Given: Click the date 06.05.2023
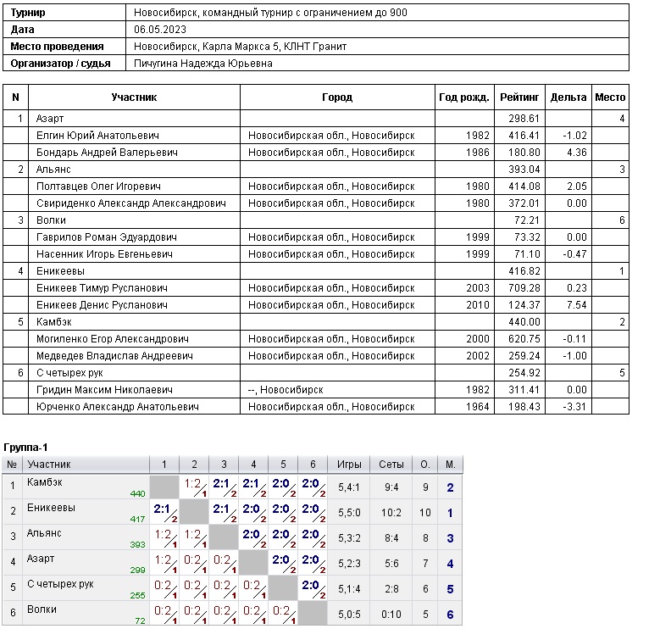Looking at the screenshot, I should (x=159, y=29).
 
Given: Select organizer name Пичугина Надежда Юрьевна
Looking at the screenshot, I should (x=203, y=63).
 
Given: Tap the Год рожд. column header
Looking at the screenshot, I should (x=464, y=97).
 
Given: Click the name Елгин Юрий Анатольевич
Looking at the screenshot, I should (x=97, y=136).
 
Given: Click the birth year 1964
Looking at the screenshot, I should (x=478, y=407).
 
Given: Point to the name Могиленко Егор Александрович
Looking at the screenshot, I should (x=112, y=339).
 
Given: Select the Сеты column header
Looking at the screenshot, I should (x=391, y=465).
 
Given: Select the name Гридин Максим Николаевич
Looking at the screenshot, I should (x=104, y=390).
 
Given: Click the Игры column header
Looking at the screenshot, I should (x=349, y=465).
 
